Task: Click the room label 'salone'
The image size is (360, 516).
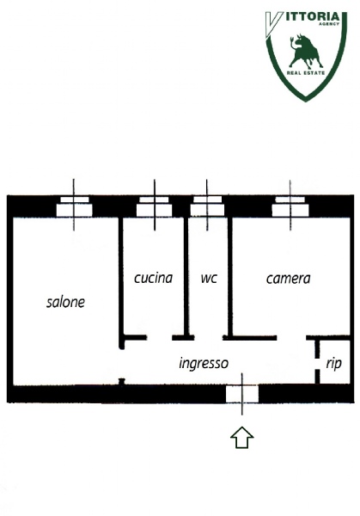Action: click(65, 302)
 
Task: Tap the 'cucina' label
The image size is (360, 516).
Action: click(153, 278)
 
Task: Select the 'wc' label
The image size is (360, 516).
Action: click(209, 279)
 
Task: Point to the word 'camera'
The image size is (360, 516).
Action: click(288, 279)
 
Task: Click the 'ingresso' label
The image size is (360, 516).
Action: click(204, 364)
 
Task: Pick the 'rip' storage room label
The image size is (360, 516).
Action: click(333, 364)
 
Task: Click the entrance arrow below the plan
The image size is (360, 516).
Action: click(242, 438)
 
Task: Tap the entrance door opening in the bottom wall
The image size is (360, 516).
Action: click(242, 394)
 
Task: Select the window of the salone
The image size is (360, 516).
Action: click(74, 206)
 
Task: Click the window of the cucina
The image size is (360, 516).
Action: click(154, 206)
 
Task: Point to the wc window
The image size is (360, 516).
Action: click(207, 206)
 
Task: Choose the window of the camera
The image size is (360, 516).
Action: click(290, 206)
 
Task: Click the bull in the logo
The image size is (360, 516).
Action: click(305, 51)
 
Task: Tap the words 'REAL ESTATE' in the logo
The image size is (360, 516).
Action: click(306, 73)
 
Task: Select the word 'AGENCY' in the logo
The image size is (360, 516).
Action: click(329, 24)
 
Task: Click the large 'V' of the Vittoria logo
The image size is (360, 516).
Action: click(273, 24)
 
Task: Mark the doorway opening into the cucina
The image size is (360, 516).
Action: click(160, 338)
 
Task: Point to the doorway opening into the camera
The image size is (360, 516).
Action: click(291, 338)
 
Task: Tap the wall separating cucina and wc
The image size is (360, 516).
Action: click(186, 276)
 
